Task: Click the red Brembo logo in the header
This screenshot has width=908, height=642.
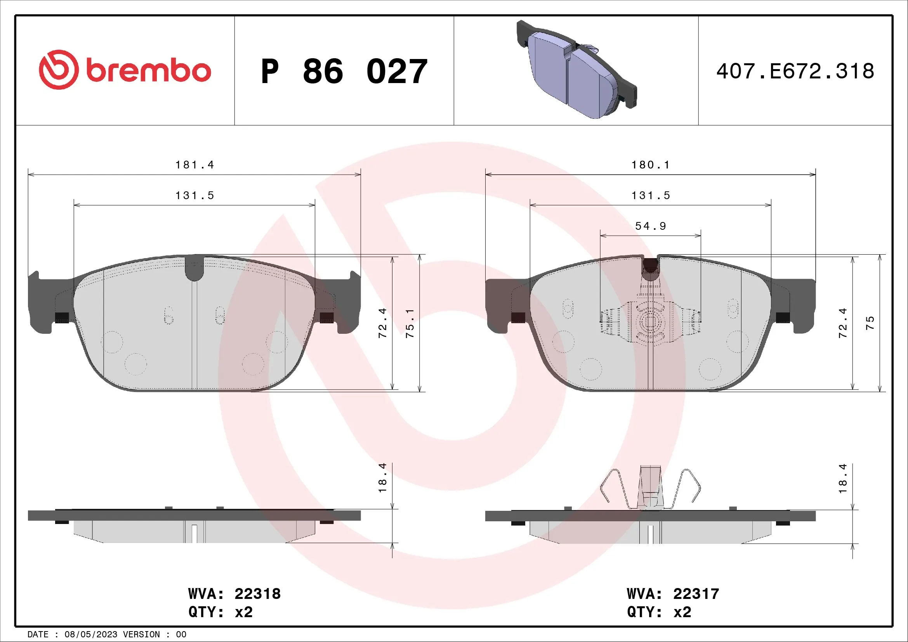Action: coord(125,70)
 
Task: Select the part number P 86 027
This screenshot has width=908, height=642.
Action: coord(344,71)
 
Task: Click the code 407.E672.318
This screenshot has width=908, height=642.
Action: coord(795,71)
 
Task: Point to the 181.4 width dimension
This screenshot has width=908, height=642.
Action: coord(194,165)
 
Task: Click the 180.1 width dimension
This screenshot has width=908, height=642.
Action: coord(651,165)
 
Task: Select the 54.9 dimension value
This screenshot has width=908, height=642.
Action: coord(651,226)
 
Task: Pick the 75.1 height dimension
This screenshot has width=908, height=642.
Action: coord(410,323)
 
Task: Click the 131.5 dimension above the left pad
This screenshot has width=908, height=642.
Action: coord(194,195)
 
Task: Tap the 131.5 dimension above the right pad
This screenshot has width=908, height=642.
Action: coord(651,195)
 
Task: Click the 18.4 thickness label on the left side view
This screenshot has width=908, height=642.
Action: coord(382,477)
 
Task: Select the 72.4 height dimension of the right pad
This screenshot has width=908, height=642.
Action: coord(843,323)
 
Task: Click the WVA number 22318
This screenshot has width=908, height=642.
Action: coord(257,594)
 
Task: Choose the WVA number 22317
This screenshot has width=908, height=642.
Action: coord(696,594)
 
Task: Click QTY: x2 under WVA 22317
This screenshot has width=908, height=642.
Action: coord(659,612)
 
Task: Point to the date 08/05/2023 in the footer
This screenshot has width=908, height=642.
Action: coord(90,635)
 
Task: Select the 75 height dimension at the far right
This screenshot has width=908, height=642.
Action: coord(870,323)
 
